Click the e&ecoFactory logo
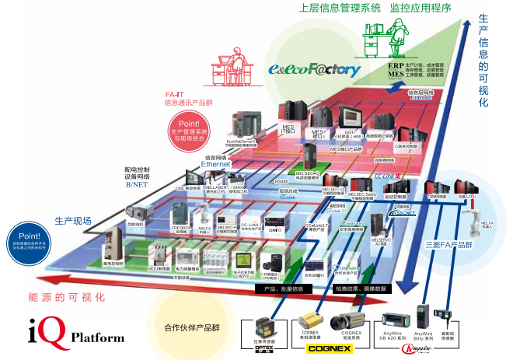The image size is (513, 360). click(x=315, y=69)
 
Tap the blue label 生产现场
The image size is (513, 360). click(x=72, y=221)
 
